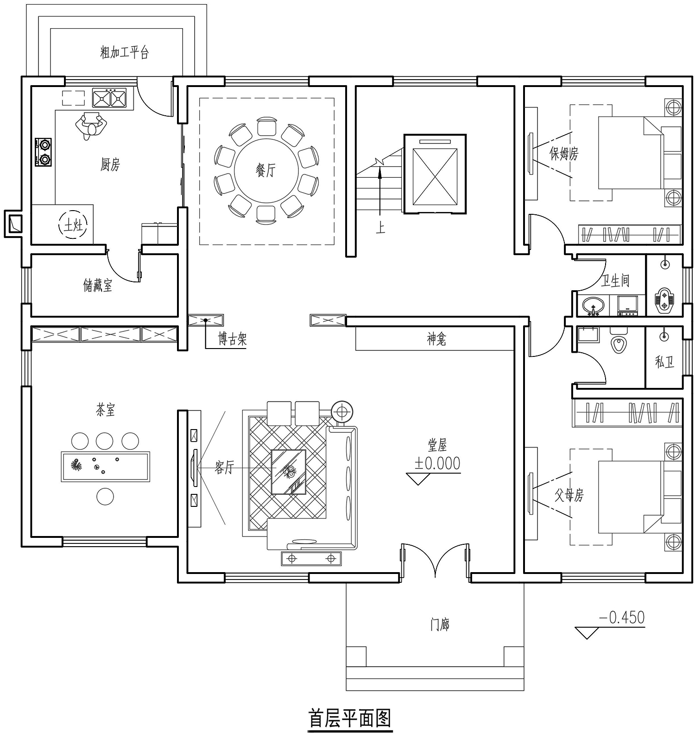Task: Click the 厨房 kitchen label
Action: tap(110, 164)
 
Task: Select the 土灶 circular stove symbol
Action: tap(73, 225)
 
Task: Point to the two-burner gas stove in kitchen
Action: tap(44, 152)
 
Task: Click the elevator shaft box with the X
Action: tap(435, 174)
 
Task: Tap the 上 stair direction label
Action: tap(380, 228)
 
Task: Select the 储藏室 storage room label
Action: tap(98, 285)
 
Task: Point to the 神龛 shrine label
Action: tap(436, 339)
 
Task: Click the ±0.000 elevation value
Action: tap(437, 463)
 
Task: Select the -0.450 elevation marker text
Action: tap(622, 617)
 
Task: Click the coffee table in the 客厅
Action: tap(288, 472)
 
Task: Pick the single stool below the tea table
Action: tap(105, 497)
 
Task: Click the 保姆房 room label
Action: tap(564, 153)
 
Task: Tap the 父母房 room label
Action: tap(569, 495)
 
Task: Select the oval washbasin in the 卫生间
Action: tap(593, 306)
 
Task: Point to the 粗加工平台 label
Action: tap(125, 52)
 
